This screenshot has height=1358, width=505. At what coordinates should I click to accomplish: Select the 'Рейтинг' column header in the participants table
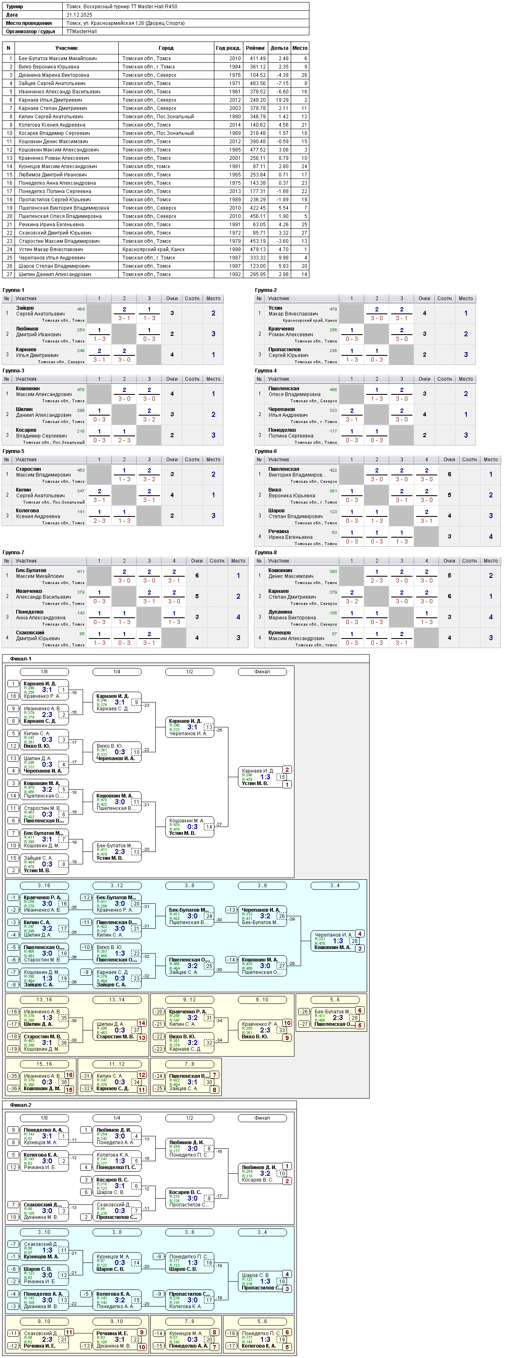point(255,48)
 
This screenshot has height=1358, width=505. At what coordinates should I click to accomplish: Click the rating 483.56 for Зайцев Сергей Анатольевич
point(258,83)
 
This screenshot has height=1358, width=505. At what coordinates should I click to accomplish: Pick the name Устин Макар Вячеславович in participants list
point(51,250)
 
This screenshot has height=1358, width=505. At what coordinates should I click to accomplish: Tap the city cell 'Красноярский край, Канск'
point(153,250)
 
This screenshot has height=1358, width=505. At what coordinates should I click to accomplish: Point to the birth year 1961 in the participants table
point(235,92)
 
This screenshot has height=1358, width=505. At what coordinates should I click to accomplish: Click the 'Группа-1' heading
point(13,290)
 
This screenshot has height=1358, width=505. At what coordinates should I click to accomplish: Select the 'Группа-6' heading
point(266,451)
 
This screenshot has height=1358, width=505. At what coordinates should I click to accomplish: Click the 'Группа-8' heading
point(266,553)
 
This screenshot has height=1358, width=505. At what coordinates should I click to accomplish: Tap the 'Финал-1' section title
point(21,658)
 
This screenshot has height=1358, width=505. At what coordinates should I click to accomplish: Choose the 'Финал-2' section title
point(21,1105)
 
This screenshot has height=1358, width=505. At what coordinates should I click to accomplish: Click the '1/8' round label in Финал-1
point(44,672)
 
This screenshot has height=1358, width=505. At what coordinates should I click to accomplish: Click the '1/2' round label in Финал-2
point(189,1118)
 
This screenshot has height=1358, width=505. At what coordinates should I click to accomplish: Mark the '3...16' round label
point(44,886)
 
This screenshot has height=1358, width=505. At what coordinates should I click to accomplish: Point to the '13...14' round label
point(117,1000)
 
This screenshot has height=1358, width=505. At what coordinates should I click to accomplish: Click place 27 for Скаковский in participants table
point(304,232)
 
